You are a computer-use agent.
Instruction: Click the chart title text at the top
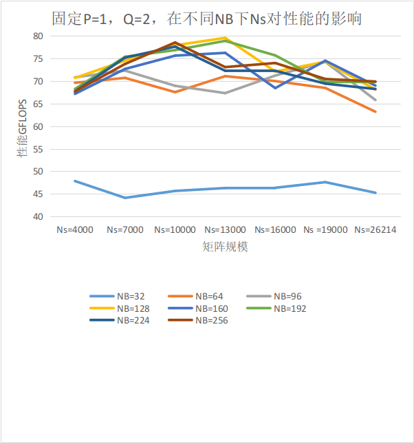[x=206, y=19]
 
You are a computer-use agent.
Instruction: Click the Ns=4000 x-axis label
[x=74, y=230]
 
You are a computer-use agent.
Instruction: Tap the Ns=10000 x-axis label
[x=175, y=230]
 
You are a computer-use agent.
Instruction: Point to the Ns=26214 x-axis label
[x=375, y=230]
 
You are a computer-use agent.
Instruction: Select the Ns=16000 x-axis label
[x=275, y=230]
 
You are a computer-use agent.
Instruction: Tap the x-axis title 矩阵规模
[x=225, y=247]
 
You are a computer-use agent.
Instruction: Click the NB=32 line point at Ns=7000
[x=124, y=198]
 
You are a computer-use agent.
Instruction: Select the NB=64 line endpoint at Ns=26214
[x=375, y=111]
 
